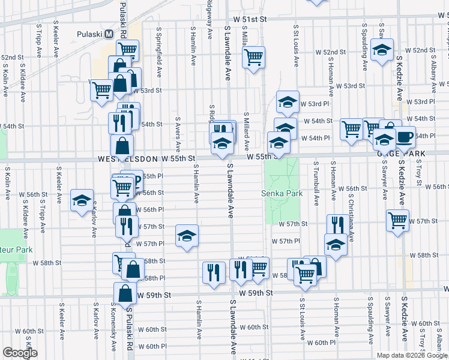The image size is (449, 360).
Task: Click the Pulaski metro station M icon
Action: tap(109, 34)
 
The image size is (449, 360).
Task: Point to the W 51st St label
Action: tap(250, 19)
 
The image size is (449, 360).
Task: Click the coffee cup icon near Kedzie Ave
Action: tap(405, 137)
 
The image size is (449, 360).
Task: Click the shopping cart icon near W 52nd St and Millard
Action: tap(254, 58)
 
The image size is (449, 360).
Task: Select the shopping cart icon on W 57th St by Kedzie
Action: tap(397, 221)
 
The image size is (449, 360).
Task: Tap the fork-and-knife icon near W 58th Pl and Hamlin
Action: tap(214, 271)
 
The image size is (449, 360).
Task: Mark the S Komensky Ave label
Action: tap(112, 328)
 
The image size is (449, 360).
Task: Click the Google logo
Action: tap(20, 353)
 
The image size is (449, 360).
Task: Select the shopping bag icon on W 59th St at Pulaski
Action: tap(124, 294)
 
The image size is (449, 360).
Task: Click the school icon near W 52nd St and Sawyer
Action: tap(381, 50)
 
